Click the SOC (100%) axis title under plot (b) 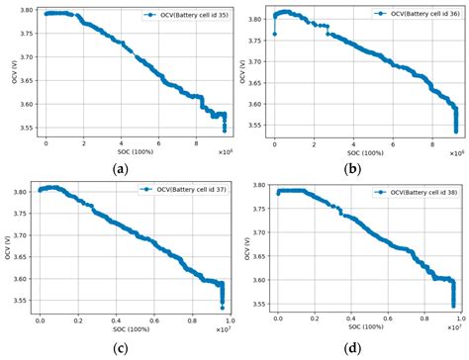pyautogui.click(x=366, y=151)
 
